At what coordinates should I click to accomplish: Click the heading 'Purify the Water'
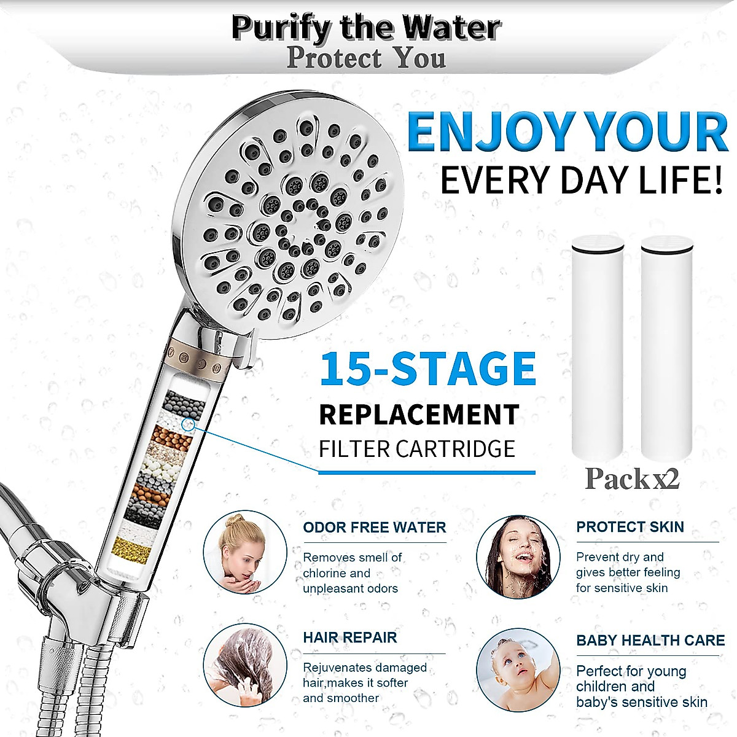tap(366, 28)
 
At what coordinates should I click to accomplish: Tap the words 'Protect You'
tap(366, 58)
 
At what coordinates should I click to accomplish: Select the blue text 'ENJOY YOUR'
tap(567, 132)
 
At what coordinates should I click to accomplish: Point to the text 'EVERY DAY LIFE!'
tap(581, 181)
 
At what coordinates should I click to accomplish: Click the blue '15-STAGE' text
tap(427, 369)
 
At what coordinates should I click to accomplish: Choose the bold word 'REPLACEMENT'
tap(419, 415)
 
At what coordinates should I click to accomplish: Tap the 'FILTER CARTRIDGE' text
tap(416, 449)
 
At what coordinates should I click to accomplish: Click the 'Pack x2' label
tap(632, 479)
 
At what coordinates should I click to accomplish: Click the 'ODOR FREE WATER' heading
tap(374, 528)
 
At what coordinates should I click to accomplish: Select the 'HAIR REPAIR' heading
tap(349, 638)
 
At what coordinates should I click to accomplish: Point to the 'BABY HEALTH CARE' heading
tap(650, 641)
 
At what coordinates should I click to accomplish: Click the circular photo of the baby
tap(518, 669)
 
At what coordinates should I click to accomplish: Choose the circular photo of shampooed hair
tap(245, 665)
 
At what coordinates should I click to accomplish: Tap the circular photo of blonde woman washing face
tap(245, 552)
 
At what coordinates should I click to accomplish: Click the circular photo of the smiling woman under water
tap(518, 556)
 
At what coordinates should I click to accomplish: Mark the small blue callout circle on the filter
tap(189, 424)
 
